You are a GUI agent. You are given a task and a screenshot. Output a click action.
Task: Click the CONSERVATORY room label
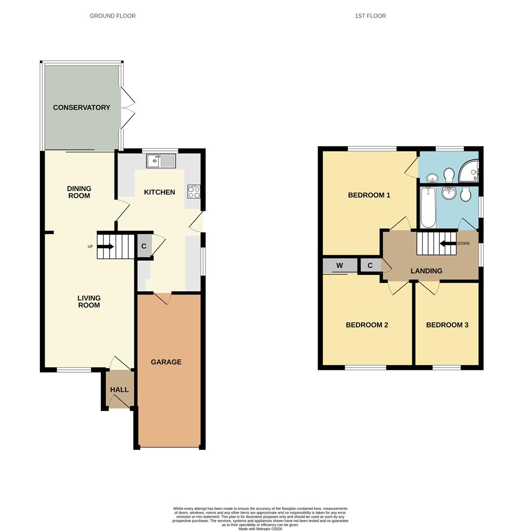[82, 108]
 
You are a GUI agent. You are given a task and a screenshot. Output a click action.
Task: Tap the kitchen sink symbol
[161, 160]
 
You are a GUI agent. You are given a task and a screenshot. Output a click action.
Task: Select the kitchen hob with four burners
[194, 192]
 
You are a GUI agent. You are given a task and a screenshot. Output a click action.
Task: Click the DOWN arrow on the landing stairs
[448, 243]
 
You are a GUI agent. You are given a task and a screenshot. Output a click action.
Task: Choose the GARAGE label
[166, 362]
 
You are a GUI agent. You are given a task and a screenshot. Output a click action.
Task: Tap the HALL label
[119, 390]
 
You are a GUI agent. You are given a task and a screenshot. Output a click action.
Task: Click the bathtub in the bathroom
[428, 207]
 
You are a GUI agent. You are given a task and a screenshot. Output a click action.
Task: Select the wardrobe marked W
[340, 266]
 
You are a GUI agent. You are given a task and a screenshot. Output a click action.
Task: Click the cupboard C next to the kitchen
[144, 246]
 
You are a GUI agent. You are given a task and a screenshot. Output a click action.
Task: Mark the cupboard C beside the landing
[370, 266]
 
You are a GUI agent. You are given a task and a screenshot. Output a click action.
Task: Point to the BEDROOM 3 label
[447, 325]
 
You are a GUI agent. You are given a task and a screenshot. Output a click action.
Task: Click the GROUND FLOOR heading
[113, 16]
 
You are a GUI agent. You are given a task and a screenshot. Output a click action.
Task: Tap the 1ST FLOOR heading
[370, 16]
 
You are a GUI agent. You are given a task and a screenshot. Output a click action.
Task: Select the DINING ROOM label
[79, 192]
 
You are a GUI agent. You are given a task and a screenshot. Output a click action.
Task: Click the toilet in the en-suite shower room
[449, 175]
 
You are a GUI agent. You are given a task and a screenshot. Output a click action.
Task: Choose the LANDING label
[426, 271]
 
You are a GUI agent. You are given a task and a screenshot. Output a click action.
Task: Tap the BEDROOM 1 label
[369, 195]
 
